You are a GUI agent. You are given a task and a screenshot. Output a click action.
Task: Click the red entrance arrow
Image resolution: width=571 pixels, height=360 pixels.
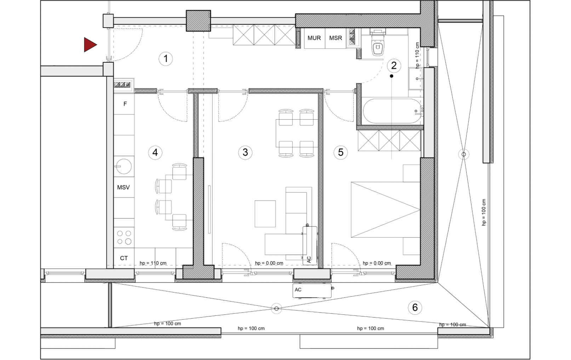(90, 45)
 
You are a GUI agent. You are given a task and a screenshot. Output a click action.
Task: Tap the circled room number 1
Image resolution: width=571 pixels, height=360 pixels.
(166, 59)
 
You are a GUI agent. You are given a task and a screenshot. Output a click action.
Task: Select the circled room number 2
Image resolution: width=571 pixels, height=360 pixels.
(394, 65)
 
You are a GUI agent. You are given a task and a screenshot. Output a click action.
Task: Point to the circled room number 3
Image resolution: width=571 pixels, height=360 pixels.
(245, 153)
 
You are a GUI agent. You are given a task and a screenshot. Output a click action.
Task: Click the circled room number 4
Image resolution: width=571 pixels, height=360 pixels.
(155, 153)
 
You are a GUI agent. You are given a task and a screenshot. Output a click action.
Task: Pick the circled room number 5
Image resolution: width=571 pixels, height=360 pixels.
(341, 153)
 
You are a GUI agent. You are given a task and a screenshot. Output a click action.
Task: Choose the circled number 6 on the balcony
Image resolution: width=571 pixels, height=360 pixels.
(415, 307)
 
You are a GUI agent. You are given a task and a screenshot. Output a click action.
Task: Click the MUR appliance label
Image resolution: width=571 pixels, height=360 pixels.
(314, 38)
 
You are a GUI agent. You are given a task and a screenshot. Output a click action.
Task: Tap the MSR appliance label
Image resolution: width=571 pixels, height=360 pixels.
(336, 38)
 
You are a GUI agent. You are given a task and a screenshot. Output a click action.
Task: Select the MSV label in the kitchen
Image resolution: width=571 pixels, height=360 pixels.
(124, 187)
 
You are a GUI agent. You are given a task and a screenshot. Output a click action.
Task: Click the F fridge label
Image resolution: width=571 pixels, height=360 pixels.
(125, 104)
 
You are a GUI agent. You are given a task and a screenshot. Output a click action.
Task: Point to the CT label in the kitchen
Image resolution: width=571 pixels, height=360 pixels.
(124, 258)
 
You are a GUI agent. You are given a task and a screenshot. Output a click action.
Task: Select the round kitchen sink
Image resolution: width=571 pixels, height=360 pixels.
(124, 166)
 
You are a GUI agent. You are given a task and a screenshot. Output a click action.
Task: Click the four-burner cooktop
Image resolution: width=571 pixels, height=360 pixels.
(124, 238)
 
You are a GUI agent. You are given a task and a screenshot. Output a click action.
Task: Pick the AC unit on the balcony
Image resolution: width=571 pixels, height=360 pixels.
(312, 291)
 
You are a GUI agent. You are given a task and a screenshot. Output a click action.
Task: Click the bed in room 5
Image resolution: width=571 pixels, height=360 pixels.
(386, 210)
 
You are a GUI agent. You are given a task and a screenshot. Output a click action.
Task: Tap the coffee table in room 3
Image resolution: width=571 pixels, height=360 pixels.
(265, 214)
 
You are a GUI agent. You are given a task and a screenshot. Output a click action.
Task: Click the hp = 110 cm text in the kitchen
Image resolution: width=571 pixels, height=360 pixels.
(153, 263)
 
